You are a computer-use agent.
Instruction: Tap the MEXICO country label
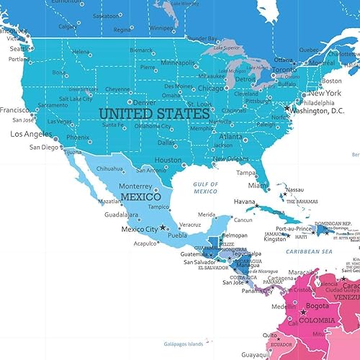pos(140,196)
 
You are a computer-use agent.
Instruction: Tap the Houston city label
pos(168,160)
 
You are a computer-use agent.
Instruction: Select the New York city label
pos(325,93)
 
